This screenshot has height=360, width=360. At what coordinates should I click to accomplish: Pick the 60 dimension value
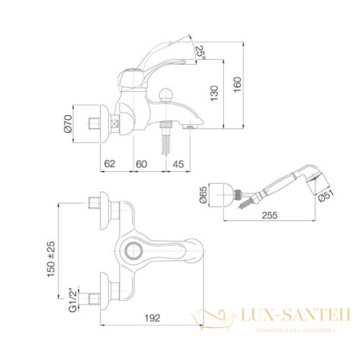tap(141, 164)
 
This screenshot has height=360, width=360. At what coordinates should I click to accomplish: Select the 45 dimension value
tap(177, 164)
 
